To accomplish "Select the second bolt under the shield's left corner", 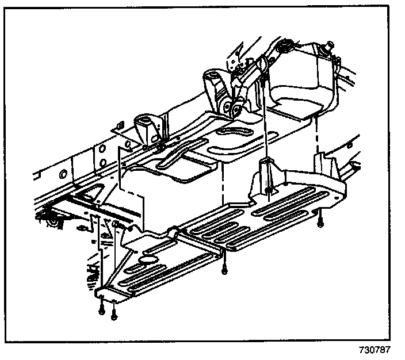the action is click(114, 312).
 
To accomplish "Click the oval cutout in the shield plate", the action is click(148, 260).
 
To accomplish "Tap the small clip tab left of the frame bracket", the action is click(119, 124).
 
